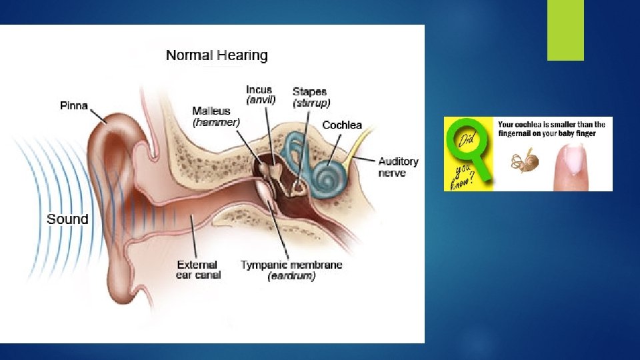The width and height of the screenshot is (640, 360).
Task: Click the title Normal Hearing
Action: tap(217, 55)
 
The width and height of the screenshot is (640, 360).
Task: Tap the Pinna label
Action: tap(73, 105)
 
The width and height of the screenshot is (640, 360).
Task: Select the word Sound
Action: tap(67, 219)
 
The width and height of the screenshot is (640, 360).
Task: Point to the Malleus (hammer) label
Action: tap(216, 117)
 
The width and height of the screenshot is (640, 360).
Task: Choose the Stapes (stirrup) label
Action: tap(311, 97)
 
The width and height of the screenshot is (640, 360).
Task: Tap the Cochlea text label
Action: tap(342, 125)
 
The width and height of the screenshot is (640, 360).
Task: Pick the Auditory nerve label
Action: tap(398, 167)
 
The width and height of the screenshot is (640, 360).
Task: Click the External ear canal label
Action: tap(198, 269)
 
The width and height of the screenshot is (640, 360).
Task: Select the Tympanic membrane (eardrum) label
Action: tap(291, 270)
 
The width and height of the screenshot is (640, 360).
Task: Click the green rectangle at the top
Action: tap(565, 30)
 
